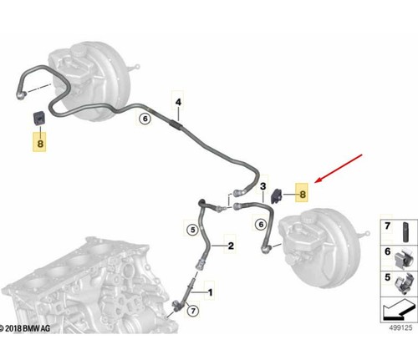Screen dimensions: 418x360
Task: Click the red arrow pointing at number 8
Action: tap(339, 169)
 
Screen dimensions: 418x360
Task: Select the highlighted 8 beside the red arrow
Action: tap(303, 194)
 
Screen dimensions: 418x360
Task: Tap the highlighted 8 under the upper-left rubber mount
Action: tap(40, 144)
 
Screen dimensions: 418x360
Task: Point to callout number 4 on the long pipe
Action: tap(178, 102)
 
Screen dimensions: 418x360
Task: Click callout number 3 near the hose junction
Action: tap(263, 186)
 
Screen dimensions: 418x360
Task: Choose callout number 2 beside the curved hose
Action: tap(231, 246)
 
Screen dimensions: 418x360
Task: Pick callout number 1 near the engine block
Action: tap(211, 292)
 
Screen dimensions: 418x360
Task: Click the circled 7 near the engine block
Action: tap(193, 311)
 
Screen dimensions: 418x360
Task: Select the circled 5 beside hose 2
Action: tap(192, 230)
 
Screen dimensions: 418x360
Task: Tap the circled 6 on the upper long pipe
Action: tap(145, 119)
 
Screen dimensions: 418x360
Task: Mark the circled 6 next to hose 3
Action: tap(261, 224)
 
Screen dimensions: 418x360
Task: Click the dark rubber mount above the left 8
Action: tap(40, 118)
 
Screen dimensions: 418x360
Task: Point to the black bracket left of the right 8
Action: tap(277, 195)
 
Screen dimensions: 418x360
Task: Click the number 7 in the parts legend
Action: tap(387, 226)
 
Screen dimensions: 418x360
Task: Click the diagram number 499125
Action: tap(400, 327)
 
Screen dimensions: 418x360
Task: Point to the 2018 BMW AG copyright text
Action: tap(25, 328)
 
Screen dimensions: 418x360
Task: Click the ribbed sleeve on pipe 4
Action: tap(176, 124)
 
